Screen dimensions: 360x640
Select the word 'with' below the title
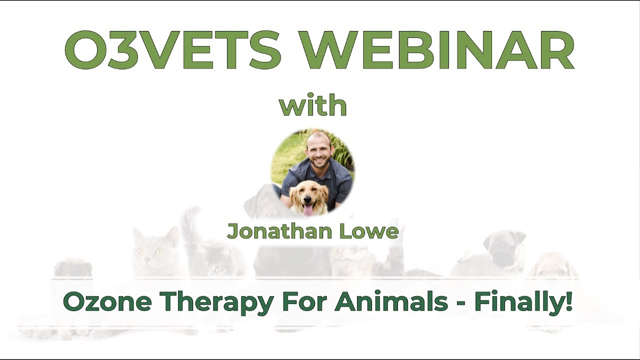coord(313,105)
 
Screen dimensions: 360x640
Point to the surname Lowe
coord(374,231)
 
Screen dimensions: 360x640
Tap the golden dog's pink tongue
coord(309,209)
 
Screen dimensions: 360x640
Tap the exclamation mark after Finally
coord(569,302)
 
